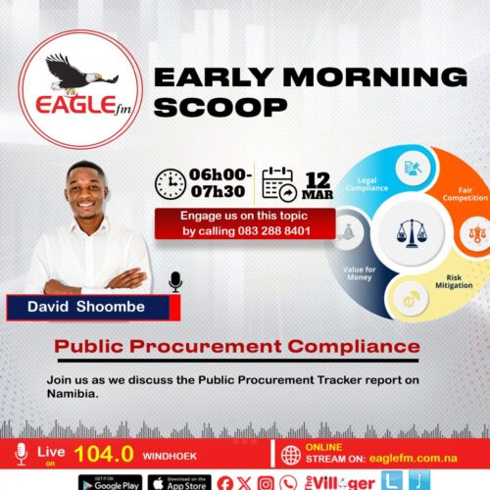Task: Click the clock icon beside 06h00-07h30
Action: (171, 184)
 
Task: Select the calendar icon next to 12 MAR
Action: (278, 183)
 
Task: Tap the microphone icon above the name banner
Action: (175, 282)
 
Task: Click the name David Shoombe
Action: (87, 309)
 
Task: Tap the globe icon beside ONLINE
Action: (291, 455)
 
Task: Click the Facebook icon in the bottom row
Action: (225, 482)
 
